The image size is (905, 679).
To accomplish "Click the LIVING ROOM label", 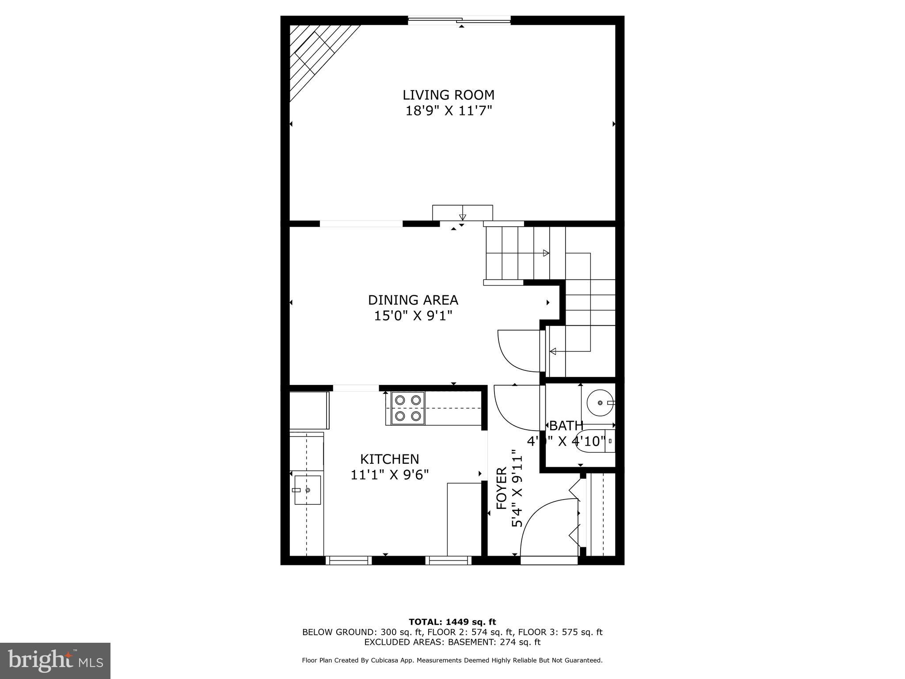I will pyautogui.click(x=449, y=95).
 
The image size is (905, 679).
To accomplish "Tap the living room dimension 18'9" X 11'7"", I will pyautogui.click(x=449, y=111).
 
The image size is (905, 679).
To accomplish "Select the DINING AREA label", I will pyautogui.click(x=413, y=300).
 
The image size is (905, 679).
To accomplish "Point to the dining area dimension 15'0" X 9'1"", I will pyautogui.click(x=413, y=316).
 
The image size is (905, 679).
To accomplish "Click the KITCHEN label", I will pyautogui.click(x=389, y=459).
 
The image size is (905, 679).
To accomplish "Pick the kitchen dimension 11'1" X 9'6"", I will pyautogui.click(x=389, y=475).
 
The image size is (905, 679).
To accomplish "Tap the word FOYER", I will pyautogui.click(x=502, y=488).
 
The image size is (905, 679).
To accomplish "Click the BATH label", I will pyautogui.click(x=566, y=426).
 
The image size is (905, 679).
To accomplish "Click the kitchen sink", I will pyautogui.click(x=308, y=490).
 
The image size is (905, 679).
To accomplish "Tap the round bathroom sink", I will pyautogui.click(x=600, y=403).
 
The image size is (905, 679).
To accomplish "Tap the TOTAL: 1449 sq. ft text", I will pyautogui.click(x=452, y=622).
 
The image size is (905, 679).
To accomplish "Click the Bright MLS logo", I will pyautogui.click(x=55, y=660).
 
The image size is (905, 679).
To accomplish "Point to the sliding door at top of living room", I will pyautogui.click(x=459, y=20).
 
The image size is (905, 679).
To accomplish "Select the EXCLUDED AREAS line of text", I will pyautogui.click(x=452, y=642).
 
